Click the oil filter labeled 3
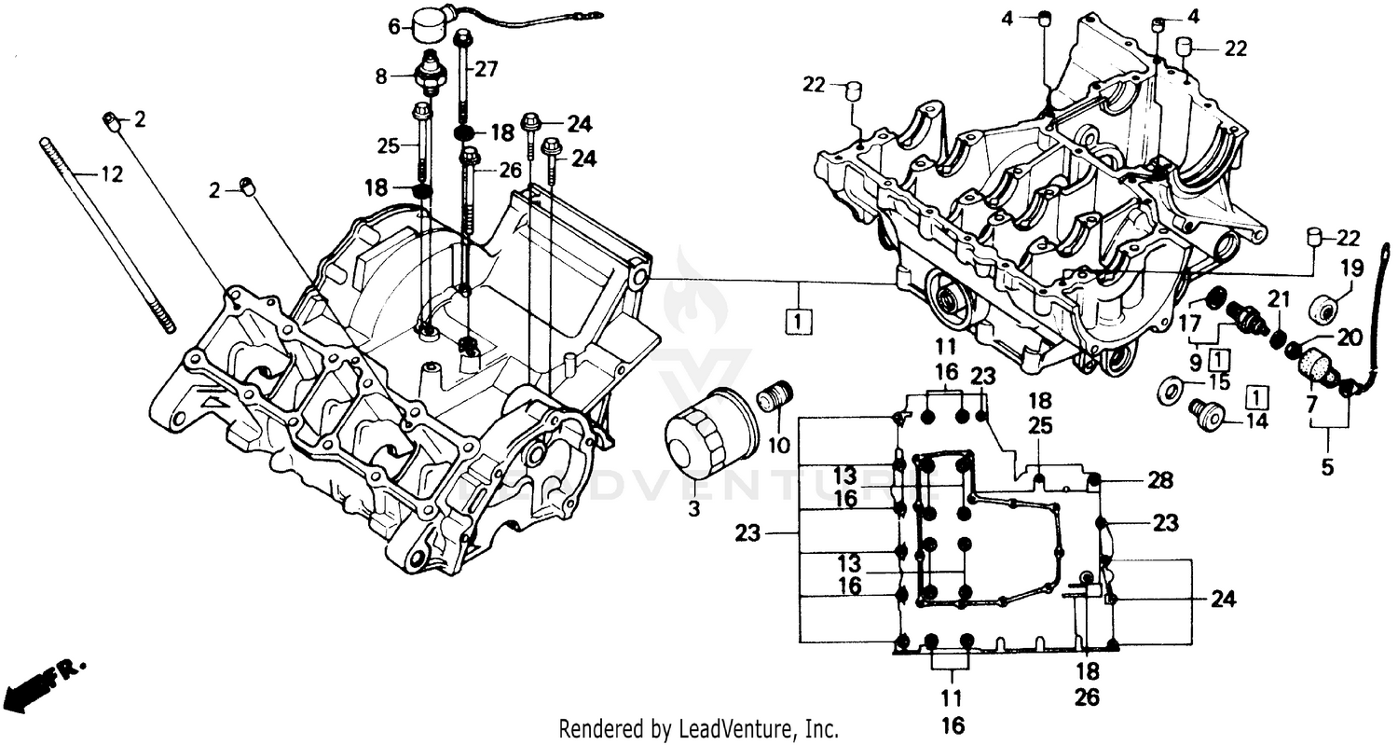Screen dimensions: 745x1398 click(697, 436)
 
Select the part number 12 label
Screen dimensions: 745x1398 click(111, 174)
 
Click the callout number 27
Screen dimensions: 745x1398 click(487, 68)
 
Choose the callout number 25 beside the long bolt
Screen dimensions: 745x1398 click(388, 145)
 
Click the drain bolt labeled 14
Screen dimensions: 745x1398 click(1207, 413)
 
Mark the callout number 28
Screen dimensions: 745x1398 click(1159, 480)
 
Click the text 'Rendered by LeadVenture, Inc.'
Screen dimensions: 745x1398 click(698, 728)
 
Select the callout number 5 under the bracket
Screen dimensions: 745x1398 click(1327, 467)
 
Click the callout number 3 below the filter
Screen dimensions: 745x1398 click(693, 508)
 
